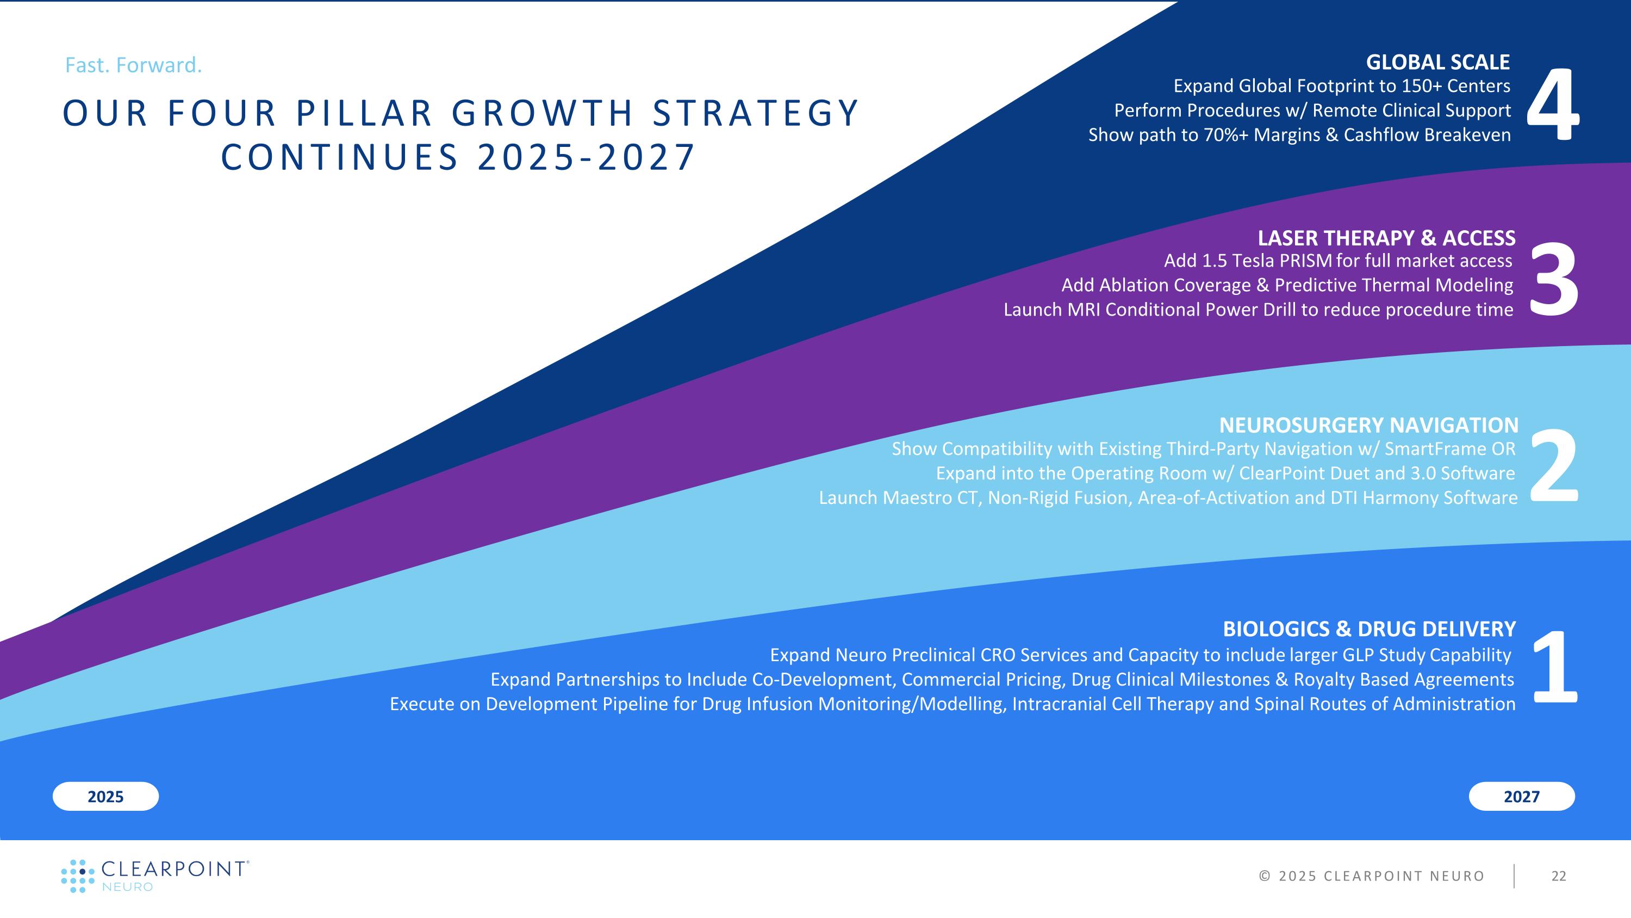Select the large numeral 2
1554,466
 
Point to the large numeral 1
1554,667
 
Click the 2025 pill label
105,796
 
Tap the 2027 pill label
1522,796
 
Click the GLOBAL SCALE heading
1437,62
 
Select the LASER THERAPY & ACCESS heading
1386,238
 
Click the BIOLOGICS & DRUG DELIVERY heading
1369,629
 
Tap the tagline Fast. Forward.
134,65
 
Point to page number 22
1558,876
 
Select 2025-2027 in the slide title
586,157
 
